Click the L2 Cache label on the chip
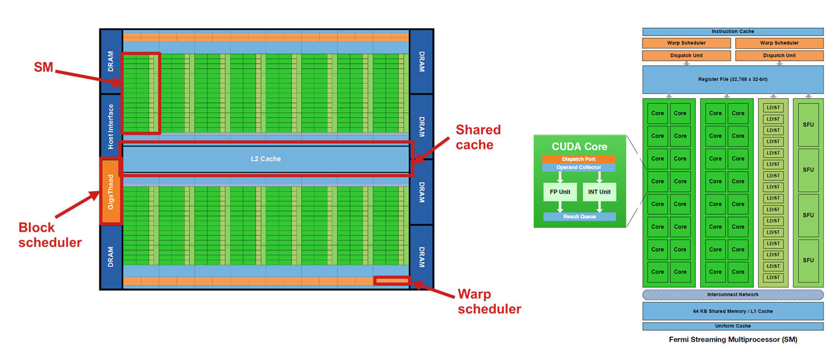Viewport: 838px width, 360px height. pyautogui.click(x=265, y=159)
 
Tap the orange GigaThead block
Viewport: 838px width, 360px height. pyautogui.click(x=111, y=191)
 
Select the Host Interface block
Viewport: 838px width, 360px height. pyautogui.click(x=111, y=126)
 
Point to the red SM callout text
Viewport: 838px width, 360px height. pyautogui.click(x=43, y=68)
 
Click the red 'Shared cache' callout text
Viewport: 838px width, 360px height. pyautogui.click(x=478, y=137)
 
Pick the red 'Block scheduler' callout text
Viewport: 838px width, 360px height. pyautogui.click(x=50, y=235)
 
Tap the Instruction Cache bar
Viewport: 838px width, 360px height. pyautogui.click(x=732, y=32)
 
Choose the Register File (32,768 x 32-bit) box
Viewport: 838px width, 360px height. pyautogui.click(x=732, y=79)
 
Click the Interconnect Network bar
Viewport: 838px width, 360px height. pyautogui.click(x=732, y=294)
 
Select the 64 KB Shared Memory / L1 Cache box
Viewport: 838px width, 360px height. pyautogui.click(x=732, y=311)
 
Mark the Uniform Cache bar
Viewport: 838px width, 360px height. pyautogui.click(x=732, y=326)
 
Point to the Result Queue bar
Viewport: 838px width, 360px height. pyautogui.click(x=579, y=217)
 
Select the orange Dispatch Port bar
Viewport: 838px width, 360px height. pyautogui.click(x=579, y=159)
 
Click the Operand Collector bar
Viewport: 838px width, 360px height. pyautogui.click(x=579, y=167)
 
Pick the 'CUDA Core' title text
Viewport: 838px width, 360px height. pyautogui.click(x=579, y=147)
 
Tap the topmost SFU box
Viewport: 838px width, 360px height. pyautogui.click(x=808, y=124)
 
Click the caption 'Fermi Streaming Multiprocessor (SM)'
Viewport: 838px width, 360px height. pyautogui.click(x=732, y=339)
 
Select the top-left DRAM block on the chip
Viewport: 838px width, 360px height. pyautogui.click(x=111, y=61)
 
